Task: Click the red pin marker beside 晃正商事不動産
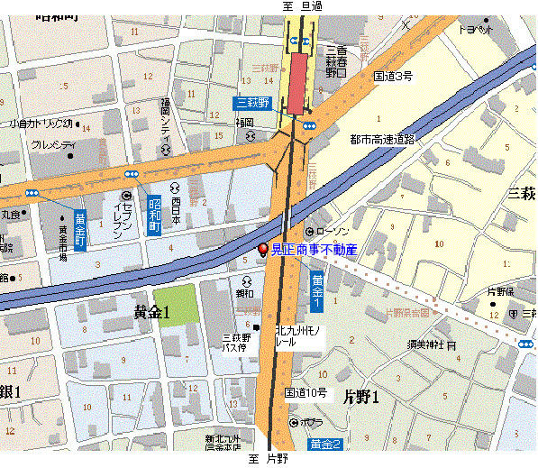click(x=263, y=250)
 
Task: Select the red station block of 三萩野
click(x=296, y=83)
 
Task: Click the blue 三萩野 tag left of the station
click(x=252, y=103)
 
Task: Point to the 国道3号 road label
click(x=393, y=78)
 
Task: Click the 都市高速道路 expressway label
click(x=382, y=140)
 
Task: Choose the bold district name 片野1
click(x=361, y=396)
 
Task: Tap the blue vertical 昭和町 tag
click(x=154, y=215)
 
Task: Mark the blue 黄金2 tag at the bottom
click(x=324, y=444)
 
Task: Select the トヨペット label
click(x=476, y=29)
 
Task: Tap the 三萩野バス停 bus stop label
click(x=234, y=343)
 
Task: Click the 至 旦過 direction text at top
click(x=304, y=6)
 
